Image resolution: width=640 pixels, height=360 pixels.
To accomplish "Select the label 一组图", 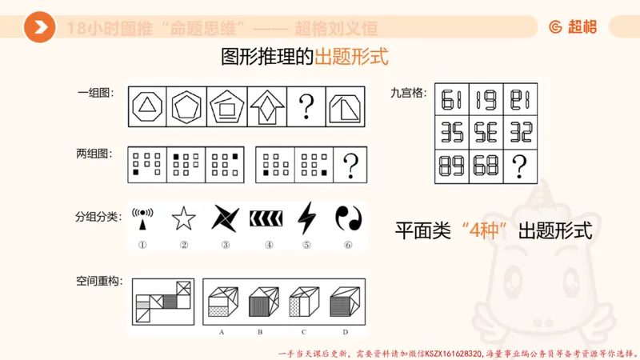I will click(95, 93).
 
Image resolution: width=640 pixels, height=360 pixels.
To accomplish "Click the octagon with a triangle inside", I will click(147, 106).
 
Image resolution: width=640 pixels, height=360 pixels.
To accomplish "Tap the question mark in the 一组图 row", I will click(306, 106).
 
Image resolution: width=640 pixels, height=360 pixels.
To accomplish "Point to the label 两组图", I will click(95, 154).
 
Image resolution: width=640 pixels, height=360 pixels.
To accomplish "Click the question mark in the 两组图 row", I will click(350, 166).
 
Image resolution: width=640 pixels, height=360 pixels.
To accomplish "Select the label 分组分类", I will click(97, 216).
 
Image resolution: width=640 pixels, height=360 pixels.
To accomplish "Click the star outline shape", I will click(183, 218).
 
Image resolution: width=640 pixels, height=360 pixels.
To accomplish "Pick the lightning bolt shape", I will click(306, 218).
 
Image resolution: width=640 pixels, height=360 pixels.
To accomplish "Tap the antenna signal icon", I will click(143, 218).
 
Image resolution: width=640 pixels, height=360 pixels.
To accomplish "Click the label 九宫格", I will click(407, 93).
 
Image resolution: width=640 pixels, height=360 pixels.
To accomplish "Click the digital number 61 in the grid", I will click(452, 100).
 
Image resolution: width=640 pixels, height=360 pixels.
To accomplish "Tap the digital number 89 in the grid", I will click(452, 166).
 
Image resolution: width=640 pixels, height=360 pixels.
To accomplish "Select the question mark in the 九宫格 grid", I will click(520, 166).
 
